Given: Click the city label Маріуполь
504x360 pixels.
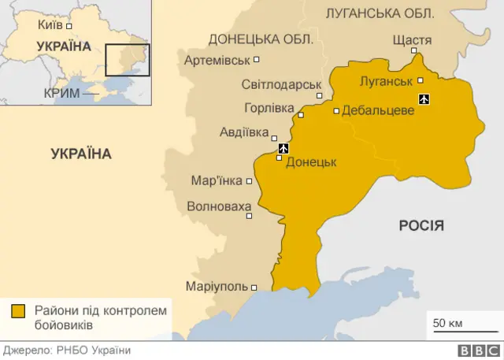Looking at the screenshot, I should tap(217, 287).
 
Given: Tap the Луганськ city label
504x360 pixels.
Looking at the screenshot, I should tap(386, 81).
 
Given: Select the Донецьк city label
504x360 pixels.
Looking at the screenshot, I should tap(311, 161).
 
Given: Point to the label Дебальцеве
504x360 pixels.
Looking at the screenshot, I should tap(378, 111).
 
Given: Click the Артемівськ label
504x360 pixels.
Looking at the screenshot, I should tap(217, 60).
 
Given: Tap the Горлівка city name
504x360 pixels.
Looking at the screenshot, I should tap(269, 108).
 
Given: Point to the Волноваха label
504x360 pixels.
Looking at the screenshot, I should tap(219, 207).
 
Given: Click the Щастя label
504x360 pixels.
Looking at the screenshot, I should tap(411, 40).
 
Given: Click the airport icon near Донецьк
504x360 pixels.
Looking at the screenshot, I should tap(284, 147).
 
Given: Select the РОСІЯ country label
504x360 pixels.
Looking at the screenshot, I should tap(421, 225).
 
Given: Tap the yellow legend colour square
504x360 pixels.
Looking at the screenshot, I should tap(18, 311).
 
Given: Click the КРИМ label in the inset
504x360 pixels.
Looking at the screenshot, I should tap(61, 92).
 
